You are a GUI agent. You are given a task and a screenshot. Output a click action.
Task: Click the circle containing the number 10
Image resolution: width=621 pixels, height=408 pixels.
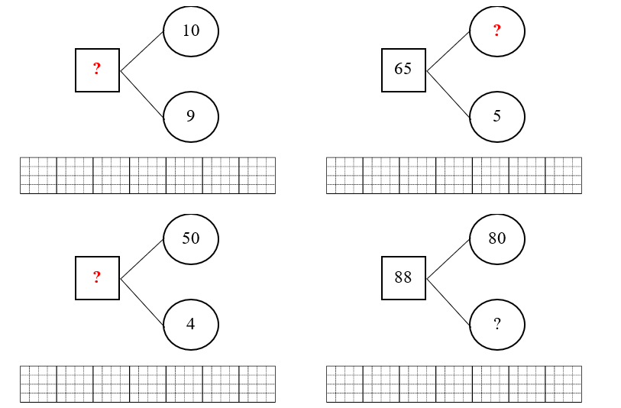pyautogui.click(x=191, y=31)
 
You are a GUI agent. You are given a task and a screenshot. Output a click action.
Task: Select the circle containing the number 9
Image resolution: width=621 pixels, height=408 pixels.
pyautogui.click(x=191, y=116)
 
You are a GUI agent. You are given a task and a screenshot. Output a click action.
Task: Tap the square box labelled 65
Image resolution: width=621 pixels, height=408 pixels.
pyautogui.click(x=403, y=70)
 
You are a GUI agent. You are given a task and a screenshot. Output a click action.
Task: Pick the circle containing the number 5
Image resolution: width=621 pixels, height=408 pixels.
pyautogui.click(x=497, y=116)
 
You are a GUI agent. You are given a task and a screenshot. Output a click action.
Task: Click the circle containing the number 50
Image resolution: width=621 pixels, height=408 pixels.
pyautogui.click(x=191, y=238)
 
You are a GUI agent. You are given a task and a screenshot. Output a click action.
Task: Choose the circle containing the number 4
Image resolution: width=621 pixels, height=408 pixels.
pyautogui.click(x=191, y=324)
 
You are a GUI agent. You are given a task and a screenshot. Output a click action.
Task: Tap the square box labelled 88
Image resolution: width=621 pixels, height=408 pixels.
pyautogui.click(x=403, y=277)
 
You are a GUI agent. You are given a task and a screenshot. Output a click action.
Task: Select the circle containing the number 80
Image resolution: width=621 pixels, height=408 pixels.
pyautogui.click(x=497, y=238)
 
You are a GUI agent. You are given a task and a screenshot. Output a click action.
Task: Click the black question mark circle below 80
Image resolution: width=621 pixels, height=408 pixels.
pyautogui.click(x=497, y=324)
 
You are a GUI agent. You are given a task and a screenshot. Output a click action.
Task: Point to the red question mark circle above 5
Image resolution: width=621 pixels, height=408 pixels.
pyautogui.click(x=497, y=31)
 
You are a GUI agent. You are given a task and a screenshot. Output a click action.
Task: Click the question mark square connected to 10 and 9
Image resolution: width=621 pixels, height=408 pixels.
pyautogui.click(x=97, y=70)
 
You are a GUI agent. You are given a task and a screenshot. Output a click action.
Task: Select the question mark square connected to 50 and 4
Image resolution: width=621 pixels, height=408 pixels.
pyautogui.click(x=97, y=277)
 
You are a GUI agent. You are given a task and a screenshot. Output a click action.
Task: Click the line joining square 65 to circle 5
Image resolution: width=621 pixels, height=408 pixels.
pyautogui.click(x=448, y=94)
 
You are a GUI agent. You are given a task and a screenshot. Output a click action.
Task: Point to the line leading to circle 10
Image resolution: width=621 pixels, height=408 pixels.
pyautogui.click(x=142, y=51)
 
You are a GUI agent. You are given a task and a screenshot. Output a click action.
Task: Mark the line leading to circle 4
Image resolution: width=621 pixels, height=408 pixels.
pyautogui.click(x=142, y=302)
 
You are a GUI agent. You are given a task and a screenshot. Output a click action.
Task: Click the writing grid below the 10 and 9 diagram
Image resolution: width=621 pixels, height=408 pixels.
pyautogui.click(x=147, y=175)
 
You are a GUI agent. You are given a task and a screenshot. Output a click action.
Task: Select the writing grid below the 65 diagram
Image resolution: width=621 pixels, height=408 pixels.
pyautogui.click(x=454, y=175)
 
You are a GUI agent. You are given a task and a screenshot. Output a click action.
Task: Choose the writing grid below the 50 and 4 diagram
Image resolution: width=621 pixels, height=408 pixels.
pyautogui.click(x=147, y=384)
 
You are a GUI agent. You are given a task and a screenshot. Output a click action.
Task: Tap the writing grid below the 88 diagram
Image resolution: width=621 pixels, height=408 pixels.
pyautogui.click(x=454, y=384)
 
